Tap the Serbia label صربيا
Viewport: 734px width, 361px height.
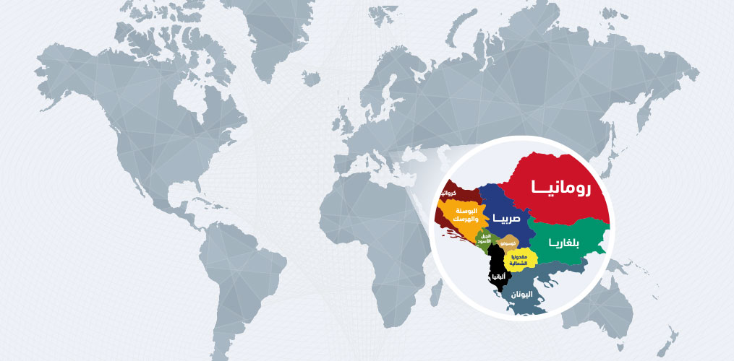pos(507,217)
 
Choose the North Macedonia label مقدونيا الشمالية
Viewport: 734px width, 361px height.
pos(524,260)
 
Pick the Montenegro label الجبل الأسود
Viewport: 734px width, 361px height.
pos(486,239)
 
